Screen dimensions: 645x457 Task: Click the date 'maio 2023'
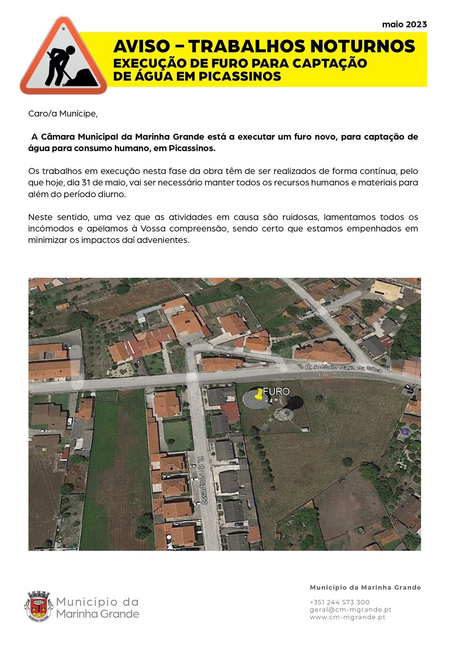[404, 25]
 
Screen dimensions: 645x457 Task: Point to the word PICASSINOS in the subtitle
[240, 76]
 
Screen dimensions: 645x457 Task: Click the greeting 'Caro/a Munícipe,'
[63, 114]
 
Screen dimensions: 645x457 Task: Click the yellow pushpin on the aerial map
[258, 395]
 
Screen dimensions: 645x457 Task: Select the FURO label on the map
[277, 391]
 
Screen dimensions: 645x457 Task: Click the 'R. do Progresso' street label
[202, 480]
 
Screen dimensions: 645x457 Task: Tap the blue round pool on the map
[405, 432]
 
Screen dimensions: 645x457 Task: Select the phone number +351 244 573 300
[340, 602]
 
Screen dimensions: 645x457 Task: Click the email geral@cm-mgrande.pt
[350, 610]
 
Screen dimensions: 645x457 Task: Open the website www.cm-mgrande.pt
[348, 617]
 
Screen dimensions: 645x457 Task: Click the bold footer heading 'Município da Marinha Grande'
[365, 587]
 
